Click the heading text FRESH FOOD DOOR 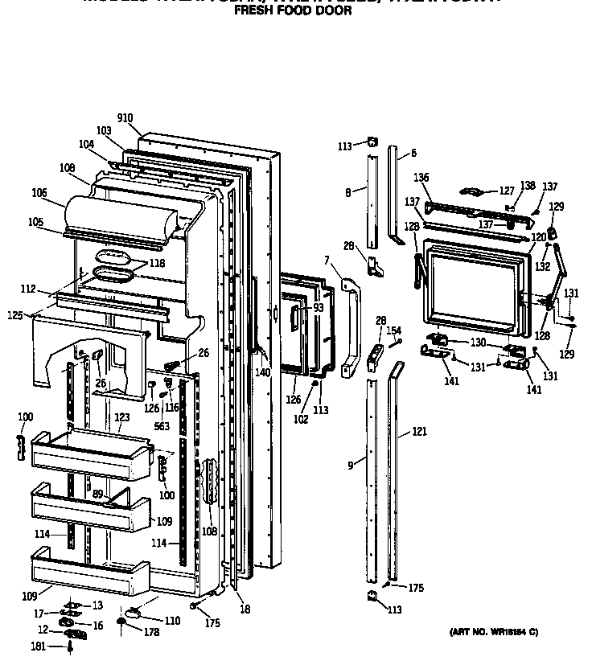(x=292, y=12)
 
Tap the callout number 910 (x=125, y=118)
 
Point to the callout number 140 (x=263, y=372)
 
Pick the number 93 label (x=319, y=308)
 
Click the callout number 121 (x=420, y=432)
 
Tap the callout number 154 (x=393, y=330)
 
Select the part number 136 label (x=422, y=178)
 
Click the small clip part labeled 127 (x=472, y=191)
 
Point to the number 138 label (x=527, y=186)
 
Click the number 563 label (x=162, y=426)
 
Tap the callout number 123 (x=121, y=417)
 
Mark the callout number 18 (x=245, y=609)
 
